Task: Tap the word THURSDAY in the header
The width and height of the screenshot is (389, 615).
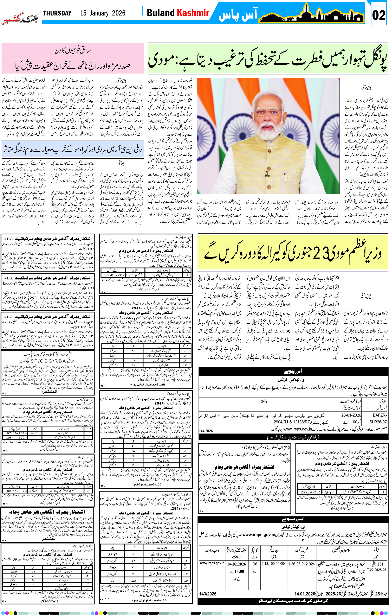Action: [57, 13]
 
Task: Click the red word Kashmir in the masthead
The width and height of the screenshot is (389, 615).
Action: [193, 13]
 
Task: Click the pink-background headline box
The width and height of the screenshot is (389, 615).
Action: [73, 58]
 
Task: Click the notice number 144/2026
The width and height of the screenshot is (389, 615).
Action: [206, 431]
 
